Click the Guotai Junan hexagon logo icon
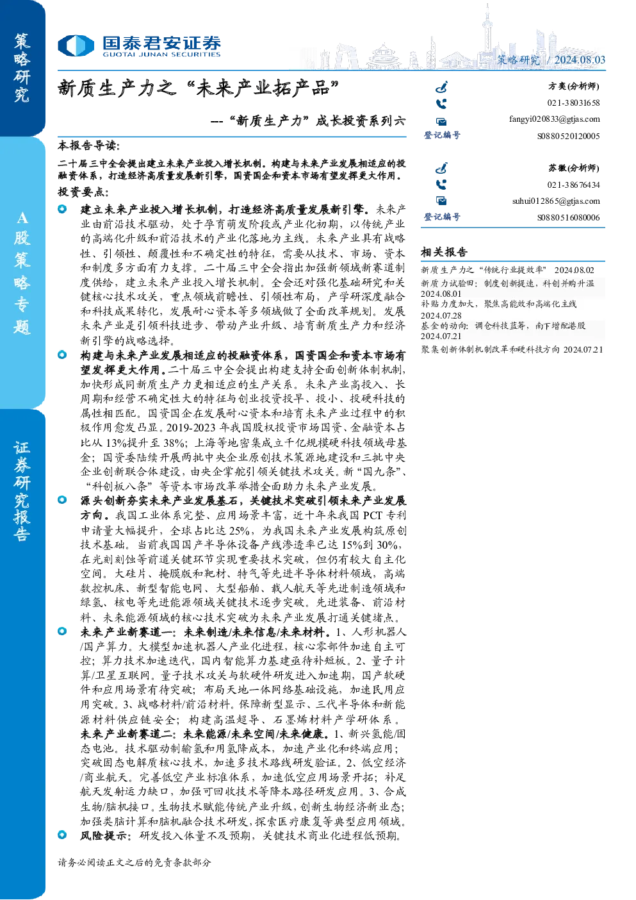point(76,46)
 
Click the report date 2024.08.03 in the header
point(580,60)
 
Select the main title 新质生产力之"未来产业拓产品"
point(199,88)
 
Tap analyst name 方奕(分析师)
point(574,86)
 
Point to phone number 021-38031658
point(573,103)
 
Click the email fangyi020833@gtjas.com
point(555,119)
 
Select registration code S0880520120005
point(569,136)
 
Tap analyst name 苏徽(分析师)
point(574,168)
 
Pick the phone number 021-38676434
point(573,185)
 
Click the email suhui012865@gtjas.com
point(556,201)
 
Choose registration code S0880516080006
point(569,218)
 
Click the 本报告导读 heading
point(89,145)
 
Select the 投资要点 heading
point(83,192)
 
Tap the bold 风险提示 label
point(104,836)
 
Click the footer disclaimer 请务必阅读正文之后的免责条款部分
point(134,862)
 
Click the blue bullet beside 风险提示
point(62,835)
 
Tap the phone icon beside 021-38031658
point(441,104)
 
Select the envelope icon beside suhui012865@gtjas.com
point(441,201)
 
